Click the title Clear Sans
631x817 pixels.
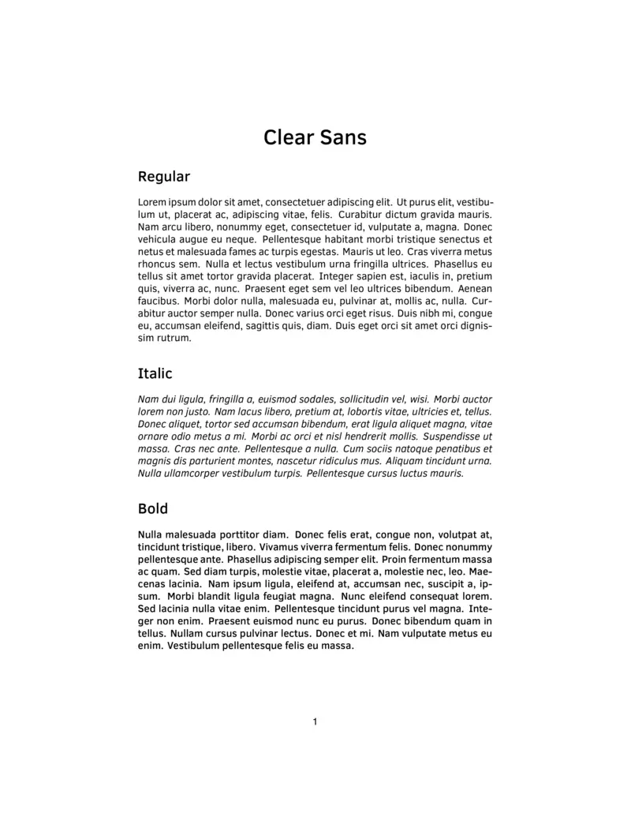315,137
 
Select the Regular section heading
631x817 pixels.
163,176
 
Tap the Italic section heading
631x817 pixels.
155,373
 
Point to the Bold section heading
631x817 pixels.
152,508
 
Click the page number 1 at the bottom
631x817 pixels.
315,721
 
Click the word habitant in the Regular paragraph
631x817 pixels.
362,239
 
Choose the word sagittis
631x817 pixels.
271,326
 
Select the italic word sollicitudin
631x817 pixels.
371,399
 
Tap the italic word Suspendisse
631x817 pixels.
457,437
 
